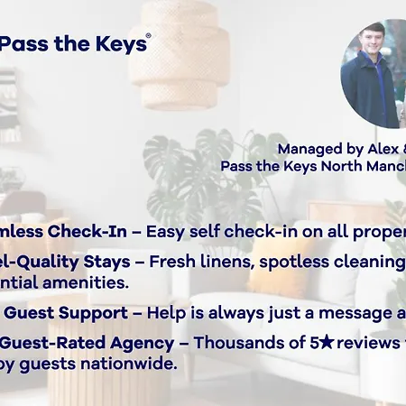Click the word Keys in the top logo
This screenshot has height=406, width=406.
point(121,44)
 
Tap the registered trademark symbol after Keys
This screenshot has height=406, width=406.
point(148,36)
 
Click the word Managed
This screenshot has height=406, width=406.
point(309,149)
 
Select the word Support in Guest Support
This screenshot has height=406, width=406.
point(90,313)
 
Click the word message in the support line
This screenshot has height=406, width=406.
point(347,313)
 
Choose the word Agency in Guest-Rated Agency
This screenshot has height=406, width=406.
point(134,344)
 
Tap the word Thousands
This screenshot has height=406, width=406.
point(234,344)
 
